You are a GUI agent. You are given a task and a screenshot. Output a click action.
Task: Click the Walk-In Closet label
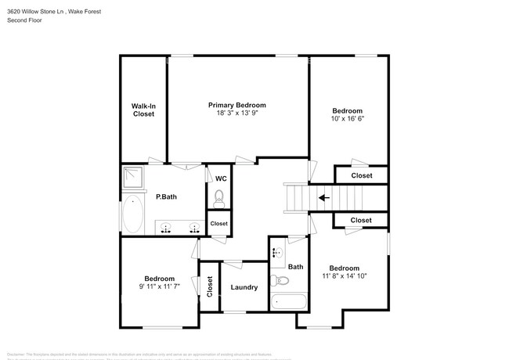(x=143, y=110)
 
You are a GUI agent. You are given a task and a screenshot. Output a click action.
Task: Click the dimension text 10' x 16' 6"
(x=347, y=119)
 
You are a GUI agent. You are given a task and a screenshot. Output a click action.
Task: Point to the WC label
(x=221, y=178)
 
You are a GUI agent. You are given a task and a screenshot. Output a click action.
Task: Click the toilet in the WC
(x=220, y=196)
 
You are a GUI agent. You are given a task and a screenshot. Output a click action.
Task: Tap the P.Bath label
(x=166, y=197)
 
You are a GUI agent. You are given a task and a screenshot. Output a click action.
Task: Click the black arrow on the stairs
(x=323, y=198)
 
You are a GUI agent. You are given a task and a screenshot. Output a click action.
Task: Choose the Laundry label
(x=244, y=287)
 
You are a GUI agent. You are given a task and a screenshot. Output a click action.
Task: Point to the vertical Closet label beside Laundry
(x=209, y=286)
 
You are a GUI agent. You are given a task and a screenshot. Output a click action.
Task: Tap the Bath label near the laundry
(x=295, y=267)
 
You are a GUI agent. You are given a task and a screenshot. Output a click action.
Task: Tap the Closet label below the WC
(x=219, y=224)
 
